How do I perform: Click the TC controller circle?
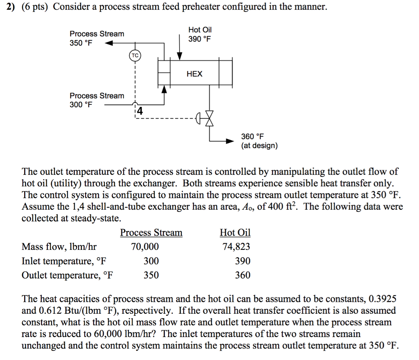coord(135,55)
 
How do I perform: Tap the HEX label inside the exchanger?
coord(194,74)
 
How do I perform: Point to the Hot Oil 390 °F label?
coord(200,34)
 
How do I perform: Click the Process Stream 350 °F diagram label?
coord(97,38)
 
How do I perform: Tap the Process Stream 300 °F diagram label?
coord(97,100)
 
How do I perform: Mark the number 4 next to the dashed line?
coord(140,111)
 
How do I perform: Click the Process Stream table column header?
coord(151,233)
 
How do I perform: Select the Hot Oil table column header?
coord(235,233)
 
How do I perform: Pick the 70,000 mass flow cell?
coord(145,247)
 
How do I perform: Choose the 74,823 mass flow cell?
coord(236,247)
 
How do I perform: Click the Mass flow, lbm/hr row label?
coord(59,247)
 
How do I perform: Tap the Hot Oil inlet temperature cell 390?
coord(243,261)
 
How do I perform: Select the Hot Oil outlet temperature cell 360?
coord(243,275)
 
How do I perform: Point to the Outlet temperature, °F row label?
coord(68,275)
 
